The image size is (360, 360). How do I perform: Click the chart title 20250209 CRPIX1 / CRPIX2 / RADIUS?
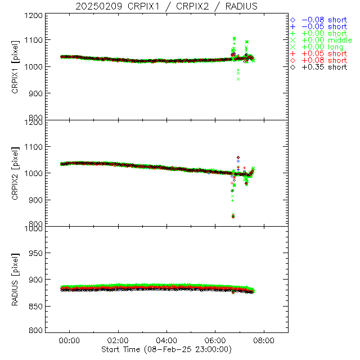pos(166,6)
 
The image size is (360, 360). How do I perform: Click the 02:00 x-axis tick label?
pos(118,340)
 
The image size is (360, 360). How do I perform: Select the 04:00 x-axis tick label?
pos(166,340)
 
